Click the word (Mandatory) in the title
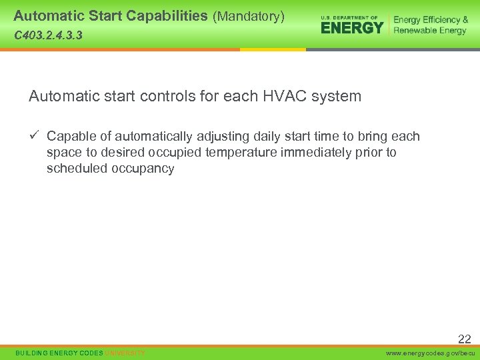(x=248, y=15)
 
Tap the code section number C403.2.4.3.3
(x=48, y=35)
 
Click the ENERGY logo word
(x=352, y=27)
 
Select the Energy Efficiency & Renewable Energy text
(x=431, y=25)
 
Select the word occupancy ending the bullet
(x=143, y=169)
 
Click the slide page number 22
(x=464, y=339)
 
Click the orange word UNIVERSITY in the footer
(x=125, y=353)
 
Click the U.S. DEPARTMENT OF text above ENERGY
(x=349, y=17)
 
